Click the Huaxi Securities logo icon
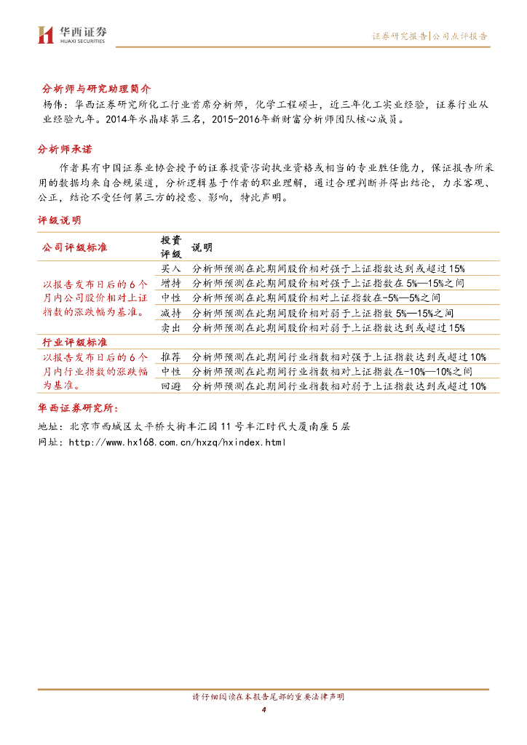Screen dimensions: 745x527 point(46,34)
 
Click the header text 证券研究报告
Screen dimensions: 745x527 point(399,35)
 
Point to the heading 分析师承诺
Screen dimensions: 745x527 point(65,149)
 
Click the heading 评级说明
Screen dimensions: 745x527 point(60,219)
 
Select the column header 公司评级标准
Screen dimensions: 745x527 point(76,247)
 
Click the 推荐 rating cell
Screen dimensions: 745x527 point(170,356)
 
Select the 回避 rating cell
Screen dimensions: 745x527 point(170,386)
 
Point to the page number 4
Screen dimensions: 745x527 point(263,710)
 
